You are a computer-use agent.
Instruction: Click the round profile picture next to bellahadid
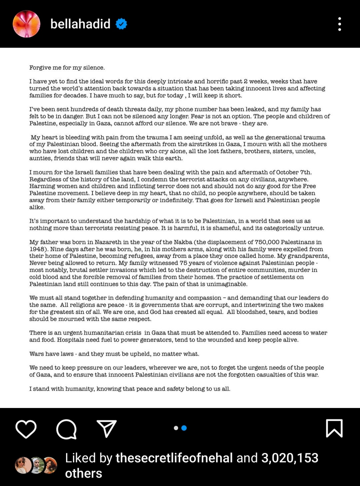pos(26,24)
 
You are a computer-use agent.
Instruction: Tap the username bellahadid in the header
pos(80,24)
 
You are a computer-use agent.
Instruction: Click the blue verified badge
pos(121,24)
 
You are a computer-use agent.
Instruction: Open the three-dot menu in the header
pos(339,24)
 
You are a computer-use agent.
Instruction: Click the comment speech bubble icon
pos(66,429)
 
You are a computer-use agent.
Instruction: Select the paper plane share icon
pos(107,429)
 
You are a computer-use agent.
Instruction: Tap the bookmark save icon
pos(334,428)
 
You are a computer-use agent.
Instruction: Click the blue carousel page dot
pos(184,428)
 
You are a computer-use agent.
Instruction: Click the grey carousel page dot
pos(176,428)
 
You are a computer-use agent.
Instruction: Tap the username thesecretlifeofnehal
pos(174,458)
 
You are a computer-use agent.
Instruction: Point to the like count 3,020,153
pos(290,458)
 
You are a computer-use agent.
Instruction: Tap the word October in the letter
pos(287,172)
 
